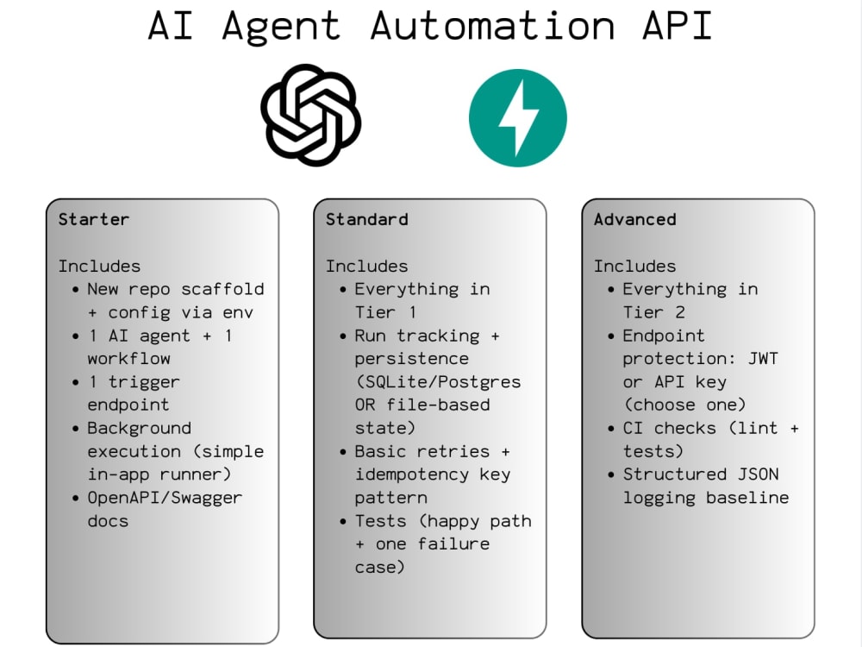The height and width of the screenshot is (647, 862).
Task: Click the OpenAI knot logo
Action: click(310, 116)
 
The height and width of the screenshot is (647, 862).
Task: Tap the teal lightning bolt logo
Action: click(518, 117)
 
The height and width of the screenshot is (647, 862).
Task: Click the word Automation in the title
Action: click(492, 25)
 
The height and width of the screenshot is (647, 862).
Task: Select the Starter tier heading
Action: click(93, 219)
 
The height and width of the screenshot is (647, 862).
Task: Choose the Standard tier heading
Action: click(366, 219)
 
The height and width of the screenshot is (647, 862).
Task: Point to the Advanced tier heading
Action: click(635, 219)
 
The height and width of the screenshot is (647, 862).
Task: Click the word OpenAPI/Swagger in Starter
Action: click(165, 499)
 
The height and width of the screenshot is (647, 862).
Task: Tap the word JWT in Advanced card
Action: click(763, 359)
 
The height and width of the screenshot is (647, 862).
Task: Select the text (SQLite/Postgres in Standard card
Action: click(438, 382)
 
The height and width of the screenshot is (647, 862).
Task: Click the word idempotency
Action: click(412, 474)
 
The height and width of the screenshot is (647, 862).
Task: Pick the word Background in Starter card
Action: click(139, 428)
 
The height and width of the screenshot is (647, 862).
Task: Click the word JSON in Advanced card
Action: click(758, 474)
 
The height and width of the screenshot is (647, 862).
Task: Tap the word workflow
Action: click(128, 359)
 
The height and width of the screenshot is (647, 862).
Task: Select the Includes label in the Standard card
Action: click(366, 267)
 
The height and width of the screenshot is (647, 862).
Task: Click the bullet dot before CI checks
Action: click(611, 429)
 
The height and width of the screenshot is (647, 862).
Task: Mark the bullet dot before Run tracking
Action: click(344, 336)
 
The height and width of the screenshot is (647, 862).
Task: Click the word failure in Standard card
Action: click(453, 544)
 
